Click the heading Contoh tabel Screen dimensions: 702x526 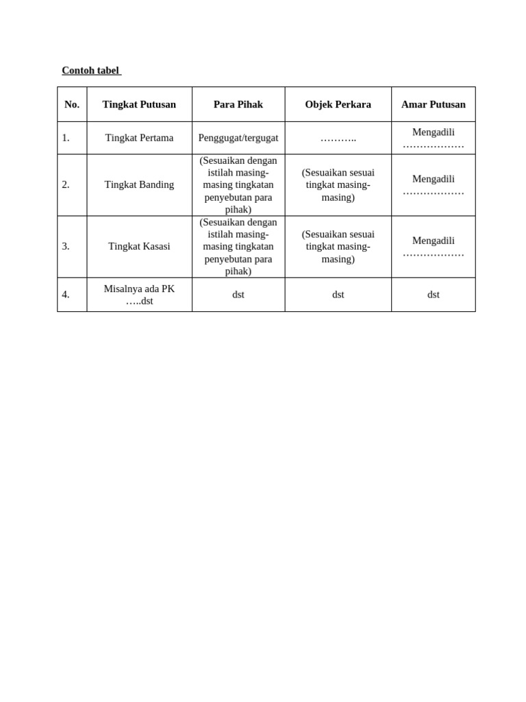coord(90,71)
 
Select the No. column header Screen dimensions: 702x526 coord(72,104)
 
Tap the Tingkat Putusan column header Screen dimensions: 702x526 coord(139,104)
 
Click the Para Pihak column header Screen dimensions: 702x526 coord(238,104)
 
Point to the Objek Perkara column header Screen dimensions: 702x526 coord(338,104)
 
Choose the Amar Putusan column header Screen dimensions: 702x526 coord(433,104)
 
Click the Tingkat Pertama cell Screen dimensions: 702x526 coord(139,138)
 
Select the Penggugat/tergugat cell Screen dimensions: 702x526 coord(238,138)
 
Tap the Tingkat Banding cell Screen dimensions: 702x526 coord(139,184)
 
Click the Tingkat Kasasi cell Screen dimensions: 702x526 coord(139,246)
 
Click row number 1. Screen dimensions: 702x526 coord(66,138)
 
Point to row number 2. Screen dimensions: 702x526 coord(66,184)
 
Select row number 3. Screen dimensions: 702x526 coord(66,246)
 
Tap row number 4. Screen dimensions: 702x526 coord(66,295)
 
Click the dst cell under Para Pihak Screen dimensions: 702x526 coord(238,295)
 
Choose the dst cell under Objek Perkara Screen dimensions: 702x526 coord(338,295)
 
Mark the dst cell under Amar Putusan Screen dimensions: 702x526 coord(433,295)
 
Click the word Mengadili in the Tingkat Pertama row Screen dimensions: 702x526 coord(433,132)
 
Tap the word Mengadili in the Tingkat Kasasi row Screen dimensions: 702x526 coord(433,241)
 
